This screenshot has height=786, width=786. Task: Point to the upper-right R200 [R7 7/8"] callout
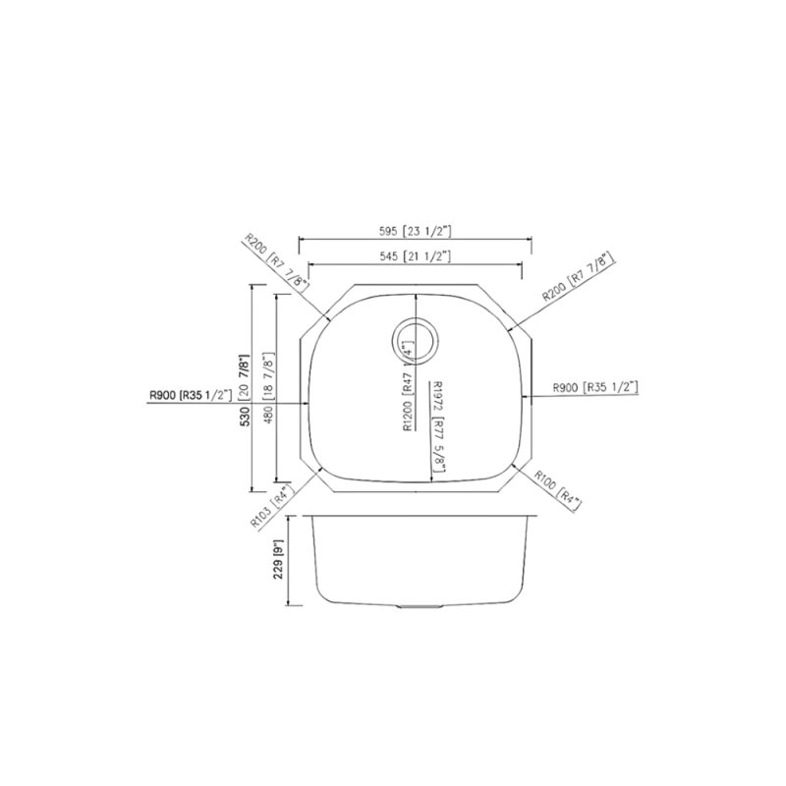[x=577, y=277]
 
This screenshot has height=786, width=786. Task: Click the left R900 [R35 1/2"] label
[x=191, y=395]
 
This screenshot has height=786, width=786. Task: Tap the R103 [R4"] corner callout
[x=273, y=507]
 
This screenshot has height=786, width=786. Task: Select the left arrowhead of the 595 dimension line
[x=300, y=239]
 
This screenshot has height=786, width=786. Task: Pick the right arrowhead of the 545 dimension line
[x=521, y=264]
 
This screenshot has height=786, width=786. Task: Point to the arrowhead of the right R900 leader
[x=532, y=397]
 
